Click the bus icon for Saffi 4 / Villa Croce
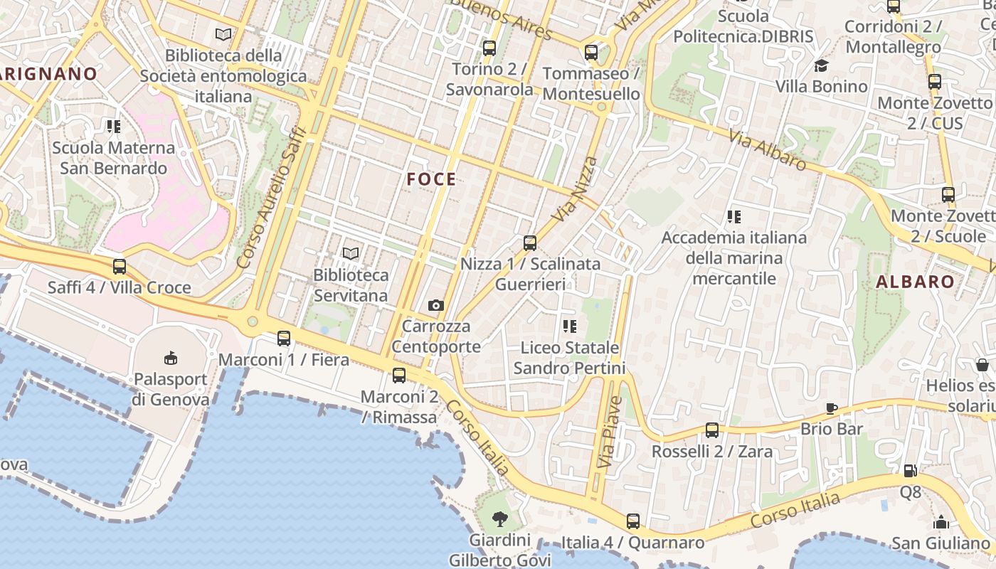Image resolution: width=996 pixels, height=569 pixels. (120, 267)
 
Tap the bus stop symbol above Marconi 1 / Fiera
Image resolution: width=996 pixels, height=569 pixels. (284, 339)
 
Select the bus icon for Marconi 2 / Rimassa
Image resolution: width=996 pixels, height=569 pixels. (399, 376)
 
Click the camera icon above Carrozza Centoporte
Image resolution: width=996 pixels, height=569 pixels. (436, 305)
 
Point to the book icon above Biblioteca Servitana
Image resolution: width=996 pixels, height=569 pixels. (351, 253)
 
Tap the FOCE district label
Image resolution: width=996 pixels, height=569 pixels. (431, 179)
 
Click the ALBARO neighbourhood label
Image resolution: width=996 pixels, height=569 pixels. (915, 282)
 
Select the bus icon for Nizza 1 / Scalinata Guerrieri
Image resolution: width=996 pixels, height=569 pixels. (529, 243)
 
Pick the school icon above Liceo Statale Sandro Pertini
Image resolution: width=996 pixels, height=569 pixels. (569, 326)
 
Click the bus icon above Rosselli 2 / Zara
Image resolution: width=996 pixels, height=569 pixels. (712, 430)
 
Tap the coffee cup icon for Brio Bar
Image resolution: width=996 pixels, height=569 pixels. (832, 408)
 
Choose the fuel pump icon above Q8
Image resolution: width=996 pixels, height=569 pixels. (910, 471)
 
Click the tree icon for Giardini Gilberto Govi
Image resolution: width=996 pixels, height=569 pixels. (500, 519)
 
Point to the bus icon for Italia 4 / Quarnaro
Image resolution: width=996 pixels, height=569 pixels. (633, 521)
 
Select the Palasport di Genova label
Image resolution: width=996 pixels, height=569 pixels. (171, 389)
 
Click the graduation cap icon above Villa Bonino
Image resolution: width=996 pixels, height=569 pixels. (822, 65)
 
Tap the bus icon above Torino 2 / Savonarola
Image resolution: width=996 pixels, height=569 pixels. (489, 48)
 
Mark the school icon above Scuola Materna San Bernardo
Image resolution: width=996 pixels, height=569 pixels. (114, 127)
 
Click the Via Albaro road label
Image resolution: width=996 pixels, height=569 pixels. (767, 149)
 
